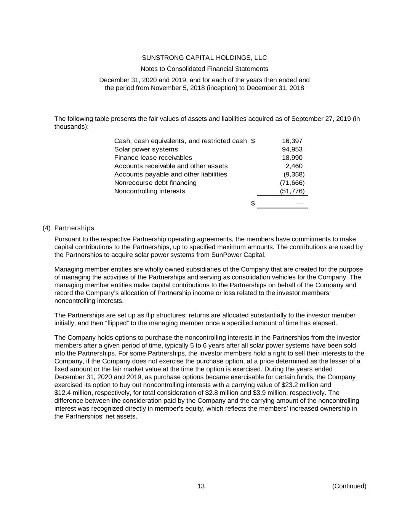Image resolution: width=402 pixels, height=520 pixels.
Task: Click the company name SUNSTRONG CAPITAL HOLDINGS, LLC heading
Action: [x=204, y=58]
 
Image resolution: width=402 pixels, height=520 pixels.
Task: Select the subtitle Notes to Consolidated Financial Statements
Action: [x=204, y=69]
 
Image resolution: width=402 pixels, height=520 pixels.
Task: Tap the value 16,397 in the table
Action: [x=292, y=141]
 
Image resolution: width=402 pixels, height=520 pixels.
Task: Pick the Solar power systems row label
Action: [x=146, y=149]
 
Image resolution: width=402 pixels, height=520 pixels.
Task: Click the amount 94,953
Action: [x=292, y=149]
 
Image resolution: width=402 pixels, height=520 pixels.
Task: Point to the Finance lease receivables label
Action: [x=153, y=158]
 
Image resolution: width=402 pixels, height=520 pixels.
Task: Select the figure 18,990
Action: [x=292, y=158]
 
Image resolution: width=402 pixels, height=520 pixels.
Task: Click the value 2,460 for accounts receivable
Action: [x=294, y=166]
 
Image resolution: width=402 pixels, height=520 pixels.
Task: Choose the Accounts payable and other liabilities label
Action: [x=171, y=174]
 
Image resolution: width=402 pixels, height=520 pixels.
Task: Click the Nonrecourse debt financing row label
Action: [x=155, y=183]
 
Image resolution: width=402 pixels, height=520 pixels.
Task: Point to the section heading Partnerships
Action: [x=74, y=228]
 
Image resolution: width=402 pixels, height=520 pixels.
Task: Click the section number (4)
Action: [x=46, y=228]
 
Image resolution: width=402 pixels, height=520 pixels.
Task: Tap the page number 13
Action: [x=201, y=486]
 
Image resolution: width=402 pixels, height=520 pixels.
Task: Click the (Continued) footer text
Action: [x=349, y=486]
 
